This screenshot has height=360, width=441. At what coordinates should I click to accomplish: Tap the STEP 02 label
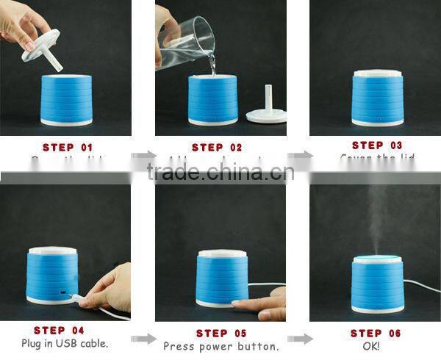tap(216, 147)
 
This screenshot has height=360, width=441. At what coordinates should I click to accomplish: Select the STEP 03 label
tap(377, 145)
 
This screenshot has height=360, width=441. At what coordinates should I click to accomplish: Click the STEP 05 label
tap(220, 333)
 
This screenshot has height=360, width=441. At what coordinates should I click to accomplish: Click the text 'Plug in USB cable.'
tap(64, 344)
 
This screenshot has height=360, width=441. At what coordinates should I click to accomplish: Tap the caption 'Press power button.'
tap(220, 346)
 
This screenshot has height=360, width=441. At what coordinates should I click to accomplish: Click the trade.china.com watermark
tap(220, 172)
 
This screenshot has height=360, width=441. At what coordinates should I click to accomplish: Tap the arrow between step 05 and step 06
tap(298, 339)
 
